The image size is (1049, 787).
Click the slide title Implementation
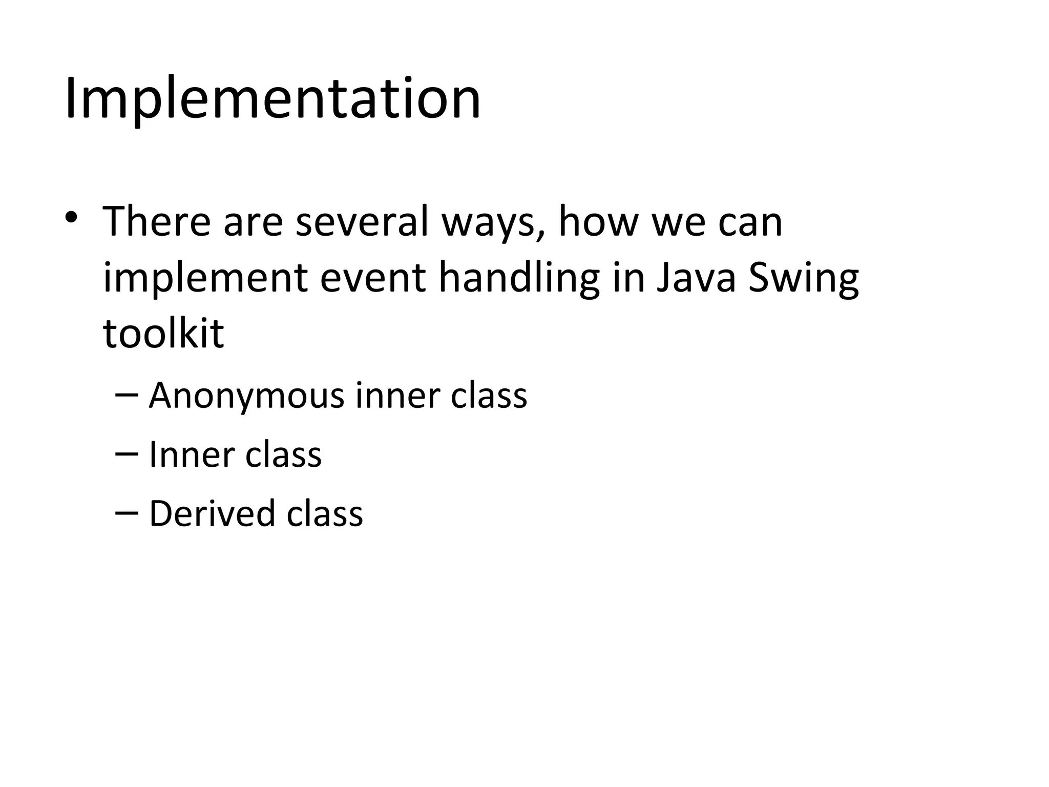click(272, 98)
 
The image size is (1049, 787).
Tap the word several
click(362, 222)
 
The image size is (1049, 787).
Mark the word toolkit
click(163, 333)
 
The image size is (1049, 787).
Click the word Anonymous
click(246, 396)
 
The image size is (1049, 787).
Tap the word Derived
click(212, 513)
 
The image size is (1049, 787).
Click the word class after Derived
click(325, 513)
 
